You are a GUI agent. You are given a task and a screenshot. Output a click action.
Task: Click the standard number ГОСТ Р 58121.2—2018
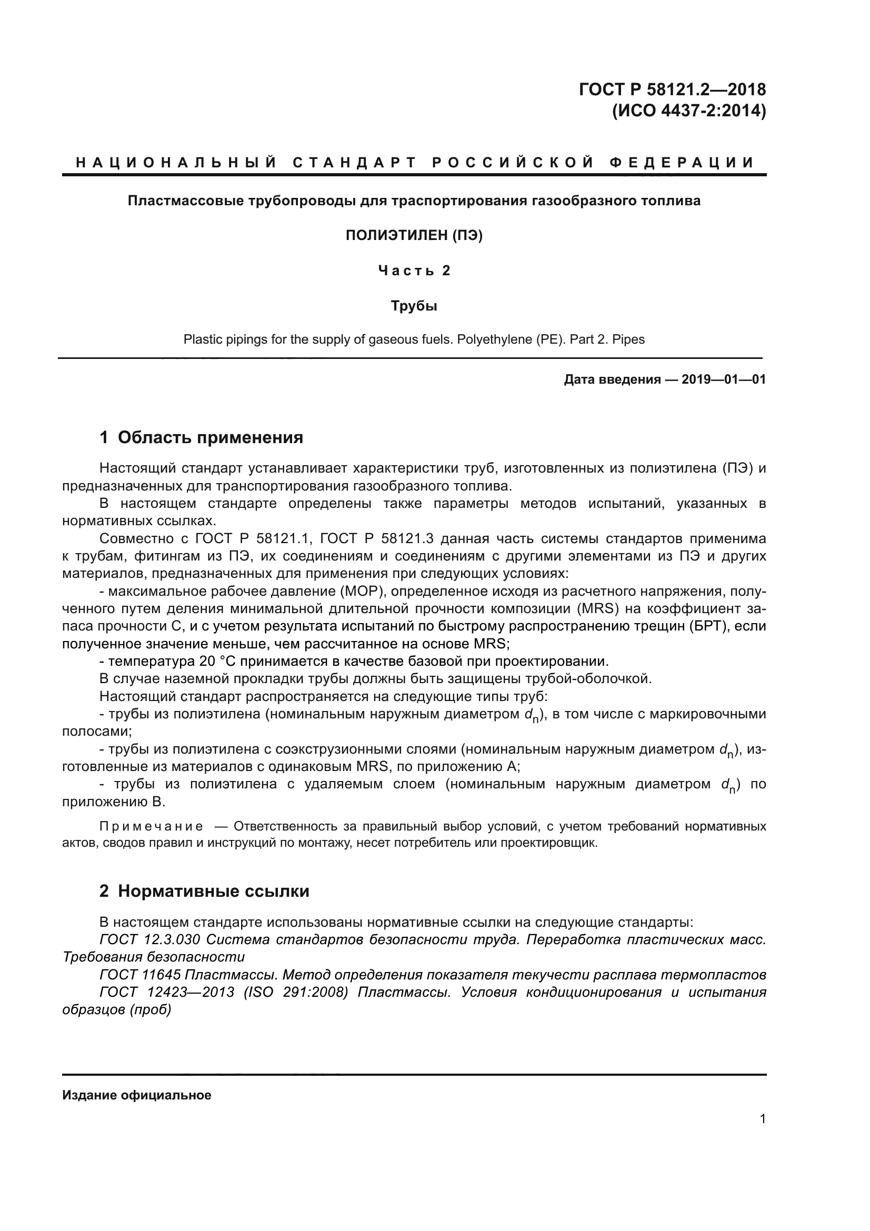pos(672,89)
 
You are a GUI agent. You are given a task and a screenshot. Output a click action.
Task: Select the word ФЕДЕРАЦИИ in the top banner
pos(681,163)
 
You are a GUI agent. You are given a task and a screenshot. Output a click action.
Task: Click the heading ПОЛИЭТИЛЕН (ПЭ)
pos(414,235)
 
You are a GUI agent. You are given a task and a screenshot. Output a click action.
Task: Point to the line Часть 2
pos(414,271)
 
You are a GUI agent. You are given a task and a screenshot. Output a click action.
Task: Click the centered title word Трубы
pos(414,306)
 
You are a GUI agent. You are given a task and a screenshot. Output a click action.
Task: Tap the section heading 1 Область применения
pos(201,437)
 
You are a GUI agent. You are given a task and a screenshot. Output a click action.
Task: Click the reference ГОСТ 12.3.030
pos(149,940)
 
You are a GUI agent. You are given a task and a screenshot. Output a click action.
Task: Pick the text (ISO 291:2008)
pos(295,993)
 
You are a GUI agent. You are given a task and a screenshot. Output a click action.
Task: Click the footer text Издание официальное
pos(137,1095)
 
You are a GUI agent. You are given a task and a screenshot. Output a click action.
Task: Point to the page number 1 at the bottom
pos(762,1119)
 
